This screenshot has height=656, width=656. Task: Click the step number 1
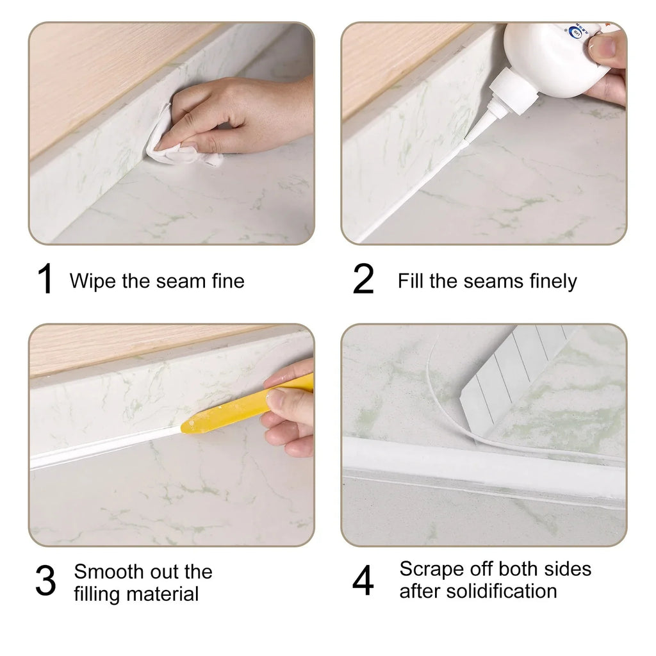[45, 280]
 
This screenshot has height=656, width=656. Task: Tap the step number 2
[363, 280]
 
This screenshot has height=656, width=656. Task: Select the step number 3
[45, 582]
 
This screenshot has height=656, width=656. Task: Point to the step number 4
[363, 580]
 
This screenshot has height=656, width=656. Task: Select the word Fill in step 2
[411, 281]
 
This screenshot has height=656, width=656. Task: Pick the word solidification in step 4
[500, 591]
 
